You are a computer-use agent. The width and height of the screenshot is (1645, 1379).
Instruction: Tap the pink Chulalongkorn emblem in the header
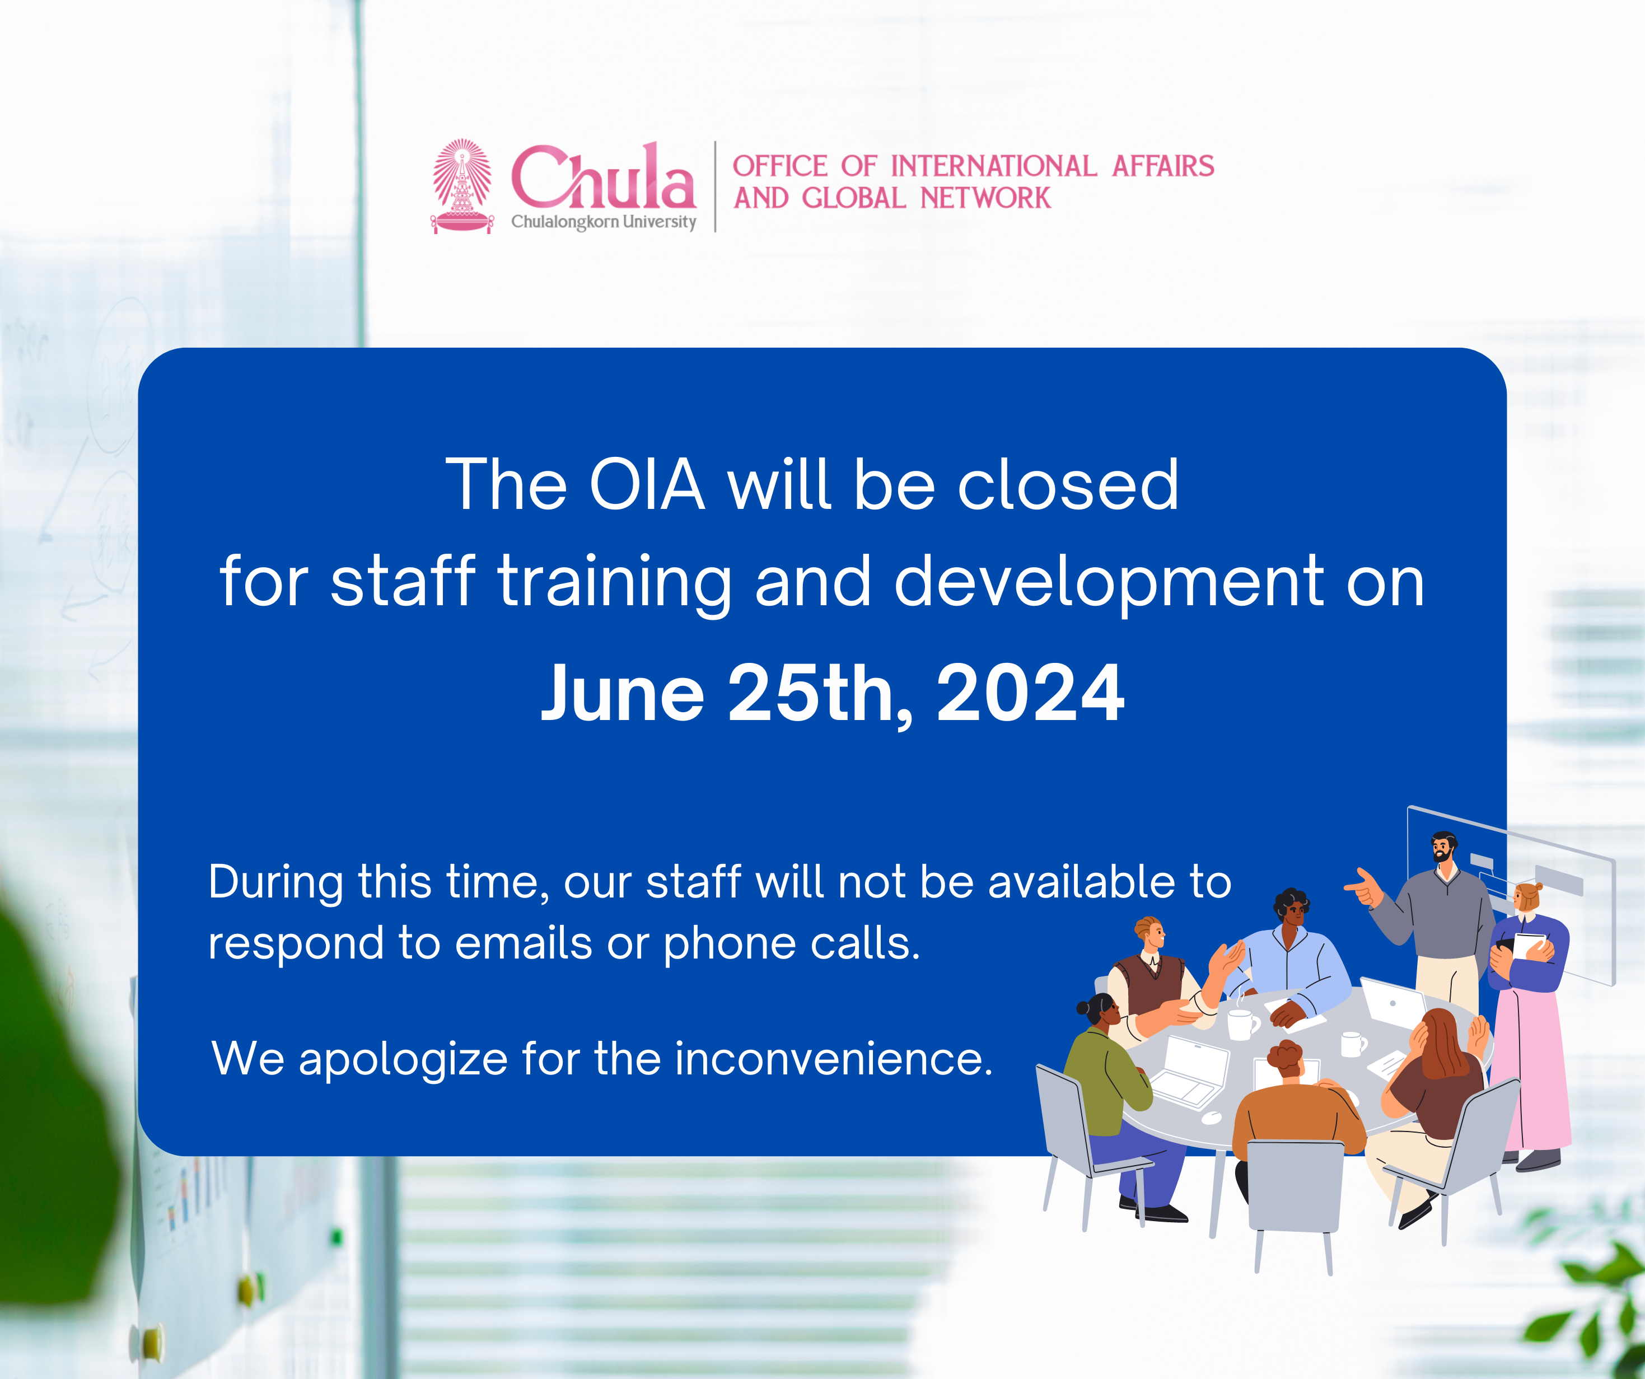click(x=462, y=186)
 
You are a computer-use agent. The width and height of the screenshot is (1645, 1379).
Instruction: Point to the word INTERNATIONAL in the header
click(x=993, y=166)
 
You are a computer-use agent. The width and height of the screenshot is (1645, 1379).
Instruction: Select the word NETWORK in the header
click(x=985, y=198)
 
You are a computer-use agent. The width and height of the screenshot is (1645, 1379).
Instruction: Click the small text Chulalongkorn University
click(x=603, y=222)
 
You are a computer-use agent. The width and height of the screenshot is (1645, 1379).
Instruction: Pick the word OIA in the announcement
click(x=647, y=485)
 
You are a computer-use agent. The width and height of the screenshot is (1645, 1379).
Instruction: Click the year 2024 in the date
click(x=1030, y=693)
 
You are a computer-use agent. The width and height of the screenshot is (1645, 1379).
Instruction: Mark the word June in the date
click(x=623, y=693)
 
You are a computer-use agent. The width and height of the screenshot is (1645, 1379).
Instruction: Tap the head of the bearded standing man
click(x=1443, y=847)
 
